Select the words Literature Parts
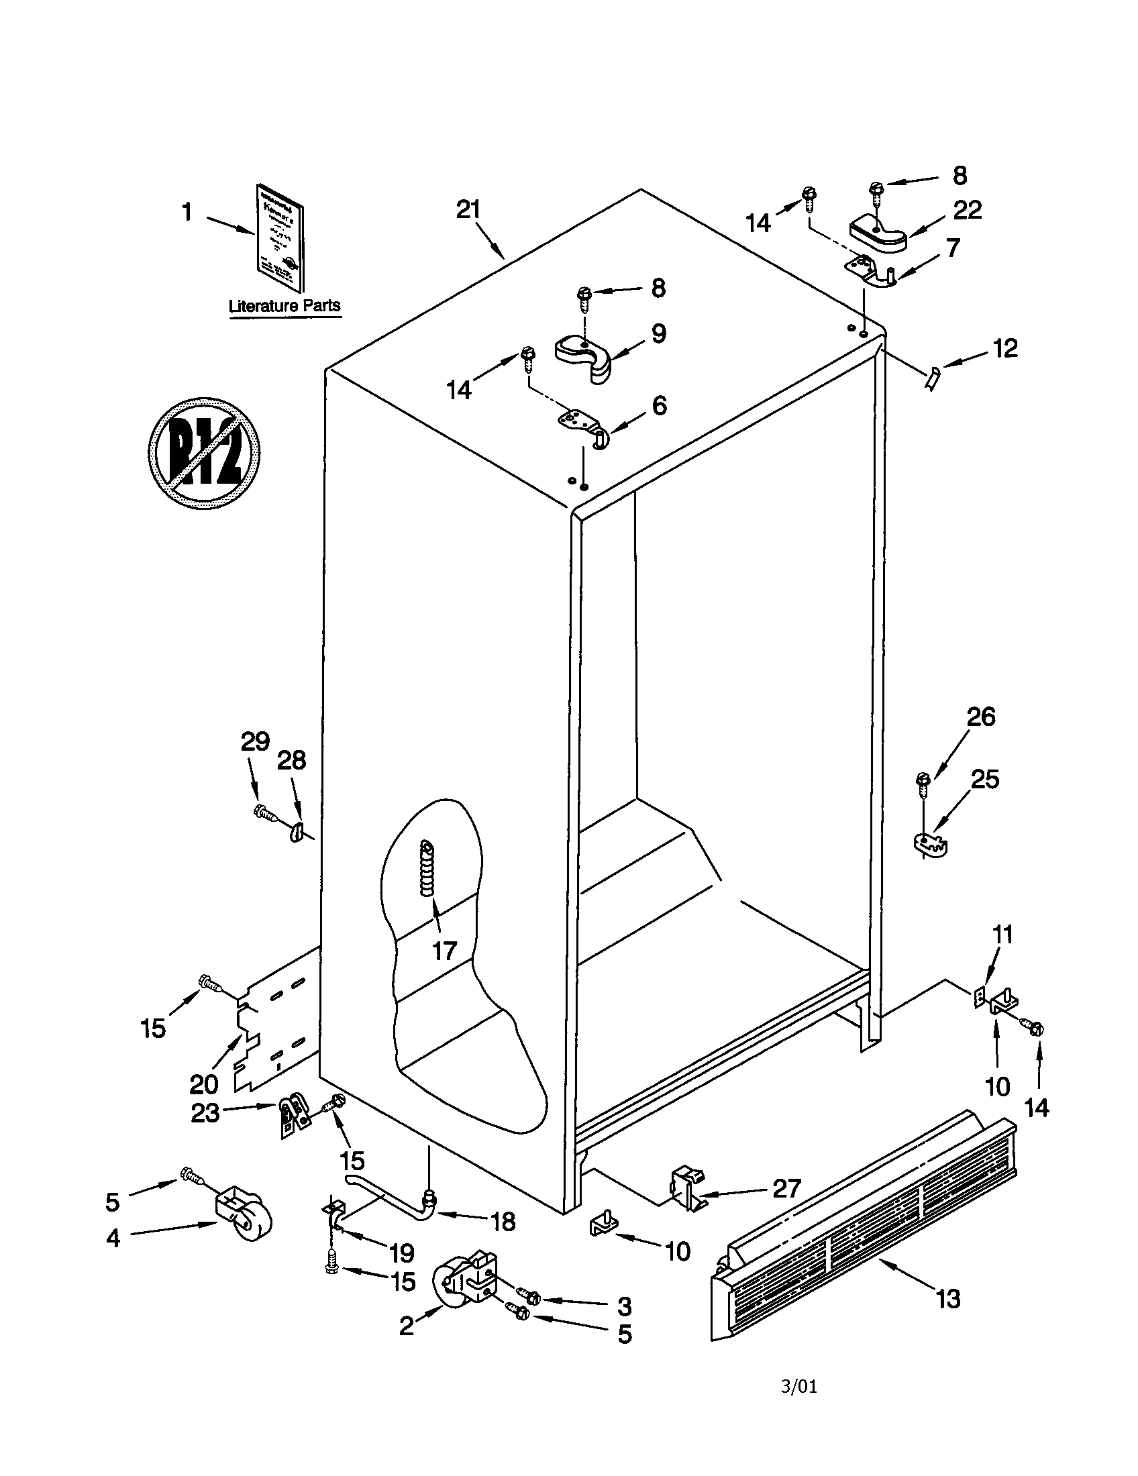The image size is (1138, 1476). point(284,305)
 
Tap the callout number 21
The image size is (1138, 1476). point(468,210)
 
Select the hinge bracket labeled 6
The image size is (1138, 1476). point(582,426)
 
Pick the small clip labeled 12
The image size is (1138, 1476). point(932,377)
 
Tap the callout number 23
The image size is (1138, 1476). point(205,1112)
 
